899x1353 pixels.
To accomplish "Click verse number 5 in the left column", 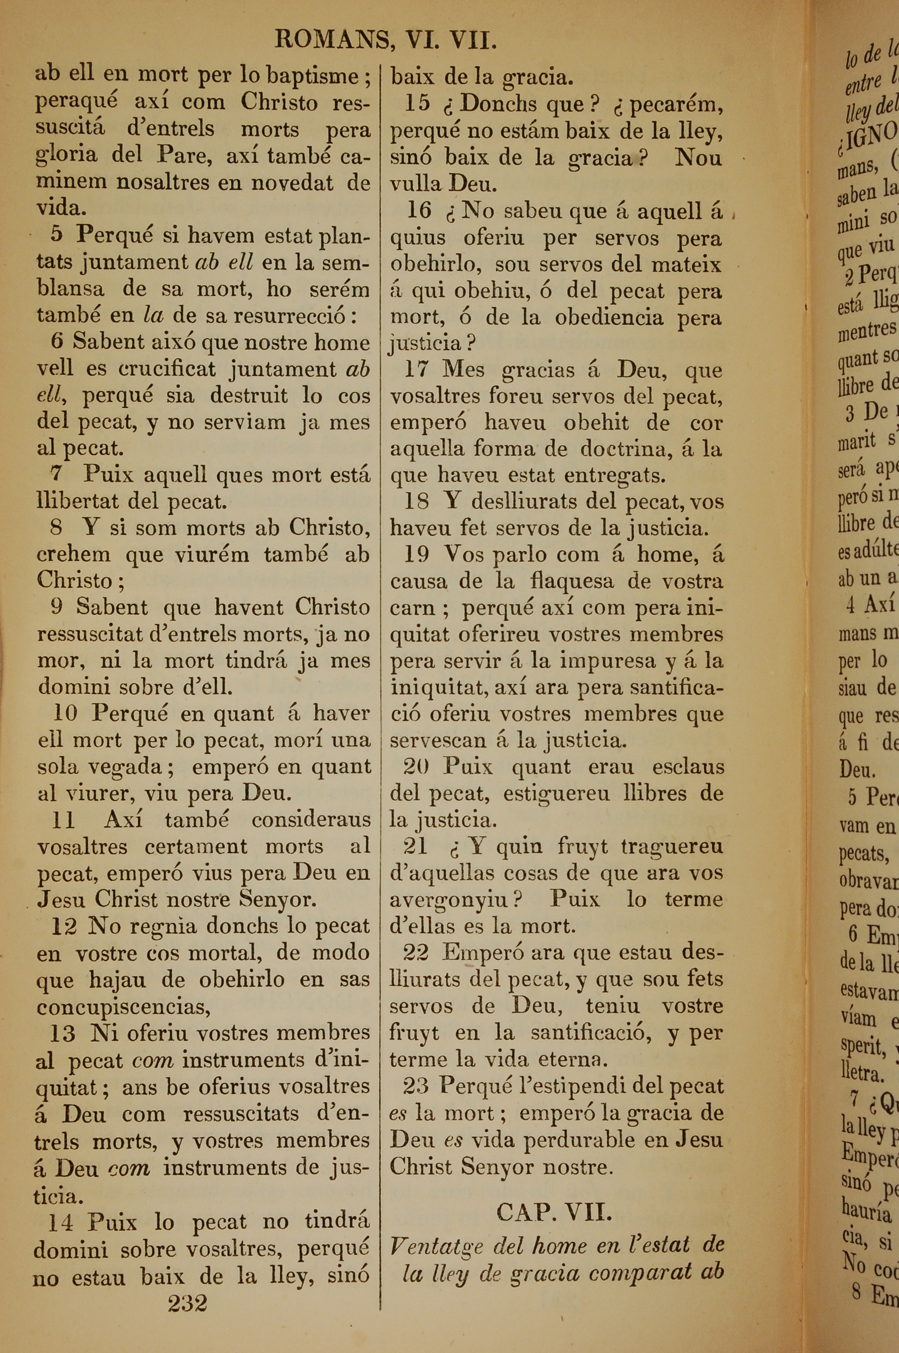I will pos(56,234).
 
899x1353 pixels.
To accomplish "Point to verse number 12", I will pos(64,926).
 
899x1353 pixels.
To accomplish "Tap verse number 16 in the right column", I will pos(418,211).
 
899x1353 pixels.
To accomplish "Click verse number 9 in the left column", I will pos(56,607).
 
